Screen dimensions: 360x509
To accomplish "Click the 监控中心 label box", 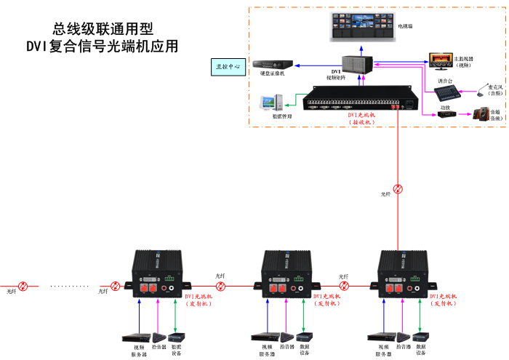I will coord(228,67).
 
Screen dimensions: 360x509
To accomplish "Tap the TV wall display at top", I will coord(361,26).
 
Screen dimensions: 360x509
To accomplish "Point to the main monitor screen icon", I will coord(439,57).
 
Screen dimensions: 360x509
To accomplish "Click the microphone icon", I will coord(482,91).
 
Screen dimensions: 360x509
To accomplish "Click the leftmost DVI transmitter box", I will coord(158,275).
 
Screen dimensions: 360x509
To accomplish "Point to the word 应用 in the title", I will coord(164,46).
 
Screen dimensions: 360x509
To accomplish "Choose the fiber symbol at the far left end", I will coord(24,286).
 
